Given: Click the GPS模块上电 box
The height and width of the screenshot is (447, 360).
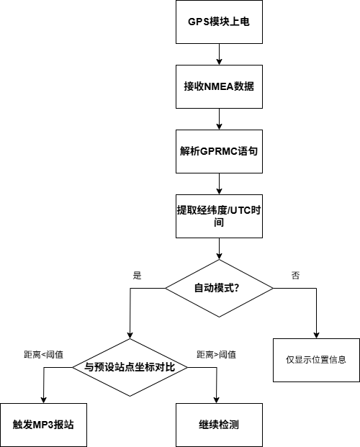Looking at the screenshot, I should tap(218, 22).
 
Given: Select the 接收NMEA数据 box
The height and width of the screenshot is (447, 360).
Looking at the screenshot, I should tap(218, 86).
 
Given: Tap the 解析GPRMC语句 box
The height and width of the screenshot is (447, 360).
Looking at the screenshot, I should tap(218, 151).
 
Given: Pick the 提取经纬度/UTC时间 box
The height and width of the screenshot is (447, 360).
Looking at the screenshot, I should tap(218, 216).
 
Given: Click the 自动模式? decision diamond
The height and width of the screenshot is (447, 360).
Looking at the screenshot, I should tap(218, 288).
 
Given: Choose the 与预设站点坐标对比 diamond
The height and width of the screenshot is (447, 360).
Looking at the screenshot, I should tap(130, 367).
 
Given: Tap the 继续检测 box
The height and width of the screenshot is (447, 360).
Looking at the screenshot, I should tap(218, 424).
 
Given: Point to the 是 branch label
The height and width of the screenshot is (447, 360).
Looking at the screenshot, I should tap(138, 275).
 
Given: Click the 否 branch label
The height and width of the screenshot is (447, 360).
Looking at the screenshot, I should tap(295, 275).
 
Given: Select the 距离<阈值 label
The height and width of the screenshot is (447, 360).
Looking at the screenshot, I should tap(43, 354).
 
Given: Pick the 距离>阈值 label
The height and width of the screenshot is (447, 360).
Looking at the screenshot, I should tap(216, 354).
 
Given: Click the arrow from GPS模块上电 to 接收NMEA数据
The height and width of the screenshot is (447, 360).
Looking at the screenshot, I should tap(218, 54).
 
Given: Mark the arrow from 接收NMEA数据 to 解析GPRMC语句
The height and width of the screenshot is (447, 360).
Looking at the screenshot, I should tap(218, 119).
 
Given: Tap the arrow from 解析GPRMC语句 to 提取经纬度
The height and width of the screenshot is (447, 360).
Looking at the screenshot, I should tap(218, 184).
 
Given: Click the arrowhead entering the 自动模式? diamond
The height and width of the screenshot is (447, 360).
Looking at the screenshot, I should tap(218, 256).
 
